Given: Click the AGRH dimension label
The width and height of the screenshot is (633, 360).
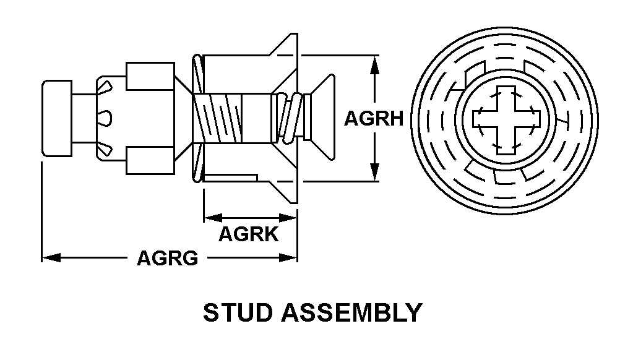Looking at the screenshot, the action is click(374, 119).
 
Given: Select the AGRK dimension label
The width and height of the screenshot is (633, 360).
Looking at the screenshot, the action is click(249, 234).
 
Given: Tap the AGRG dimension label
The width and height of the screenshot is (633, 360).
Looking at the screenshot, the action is click(168, 258).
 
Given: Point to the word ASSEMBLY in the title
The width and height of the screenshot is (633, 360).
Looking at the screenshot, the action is click(352, 313).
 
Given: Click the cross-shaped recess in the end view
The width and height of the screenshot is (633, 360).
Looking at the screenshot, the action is click(506, 120).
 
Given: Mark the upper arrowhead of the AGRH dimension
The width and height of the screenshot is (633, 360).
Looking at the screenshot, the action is click(375, 64).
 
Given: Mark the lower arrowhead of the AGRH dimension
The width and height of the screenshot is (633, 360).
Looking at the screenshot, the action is click(375, 172).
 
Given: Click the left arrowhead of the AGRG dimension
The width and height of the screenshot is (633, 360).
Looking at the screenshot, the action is click(51, 257).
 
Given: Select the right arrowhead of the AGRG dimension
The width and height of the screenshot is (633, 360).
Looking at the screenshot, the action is click(288, 257).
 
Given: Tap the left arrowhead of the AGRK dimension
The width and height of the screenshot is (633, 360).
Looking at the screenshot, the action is click(213, 218).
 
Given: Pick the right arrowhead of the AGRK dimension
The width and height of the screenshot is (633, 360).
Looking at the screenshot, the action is click(288, 218).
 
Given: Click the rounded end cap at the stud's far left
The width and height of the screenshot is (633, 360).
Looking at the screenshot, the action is click(57, 118).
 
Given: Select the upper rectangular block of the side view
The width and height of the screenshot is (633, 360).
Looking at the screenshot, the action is click(150, 76).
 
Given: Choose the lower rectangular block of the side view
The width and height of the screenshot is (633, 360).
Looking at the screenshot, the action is click(150, 160).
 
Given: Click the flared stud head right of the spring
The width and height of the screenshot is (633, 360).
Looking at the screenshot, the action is click(319, 118).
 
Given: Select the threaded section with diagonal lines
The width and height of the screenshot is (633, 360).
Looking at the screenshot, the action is click(217, 118).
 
